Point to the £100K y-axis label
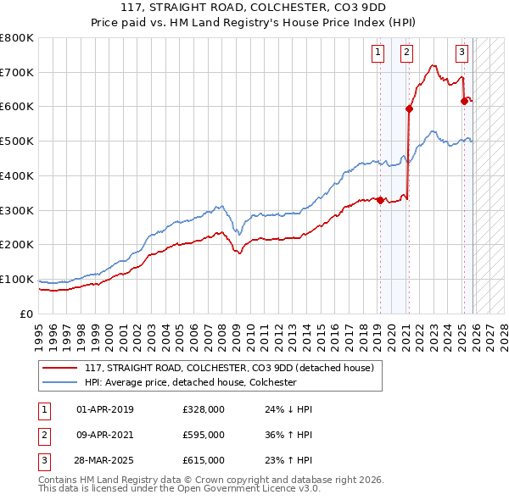tap(17, 280)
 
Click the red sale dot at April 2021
tap(409, 108)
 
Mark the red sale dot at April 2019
tap(380, 201)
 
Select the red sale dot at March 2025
tap(464, 102)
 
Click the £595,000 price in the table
tap(203, 435)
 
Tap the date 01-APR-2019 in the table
tap(105, 409)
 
